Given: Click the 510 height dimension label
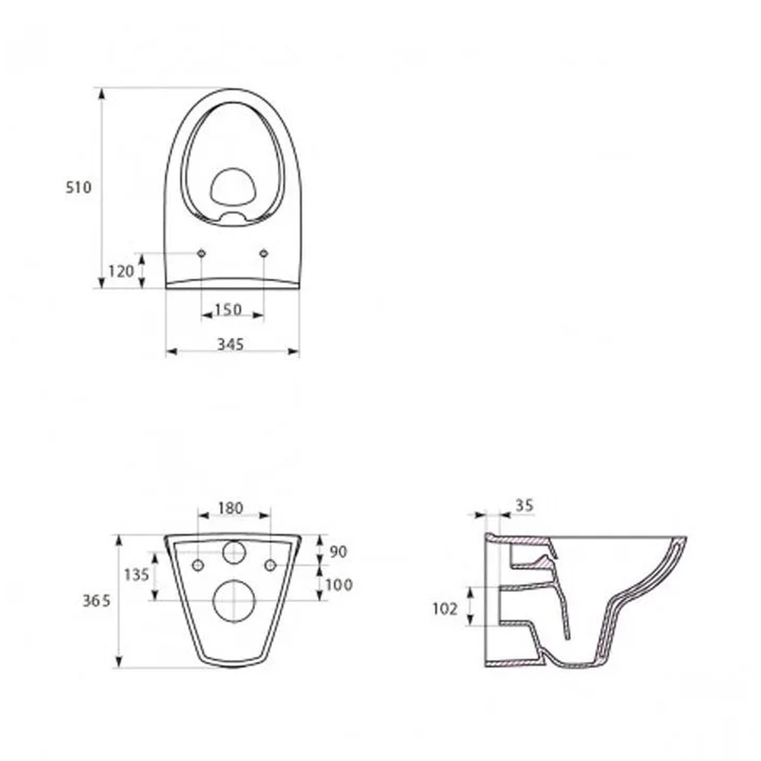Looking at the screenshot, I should tap(78, 187).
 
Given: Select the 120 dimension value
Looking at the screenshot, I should tap(120, 270).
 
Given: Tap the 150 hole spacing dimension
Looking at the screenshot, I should tap(228, 310).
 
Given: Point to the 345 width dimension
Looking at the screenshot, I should tap(230, 345).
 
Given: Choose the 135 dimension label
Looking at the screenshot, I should tap(136, 575).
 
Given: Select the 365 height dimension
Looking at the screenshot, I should tap(97, 600).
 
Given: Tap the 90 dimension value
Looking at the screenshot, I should tap(339, 549).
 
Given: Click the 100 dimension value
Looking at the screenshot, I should tap(339, 584).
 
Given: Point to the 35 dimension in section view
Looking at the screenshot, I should tap(524, 505).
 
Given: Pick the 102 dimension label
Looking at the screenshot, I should tap(444, 608).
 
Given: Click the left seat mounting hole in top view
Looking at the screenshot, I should tap(202, 253).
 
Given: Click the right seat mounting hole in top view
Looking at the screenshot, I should tap(264, 253).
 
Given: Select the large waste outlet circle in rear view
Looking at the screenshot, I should tap(234, 600).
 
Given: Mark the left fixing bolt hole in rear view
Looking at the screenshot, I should tap(199, 565).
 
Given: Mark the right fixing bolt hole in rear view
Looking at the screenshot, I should tap(270, 565).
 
